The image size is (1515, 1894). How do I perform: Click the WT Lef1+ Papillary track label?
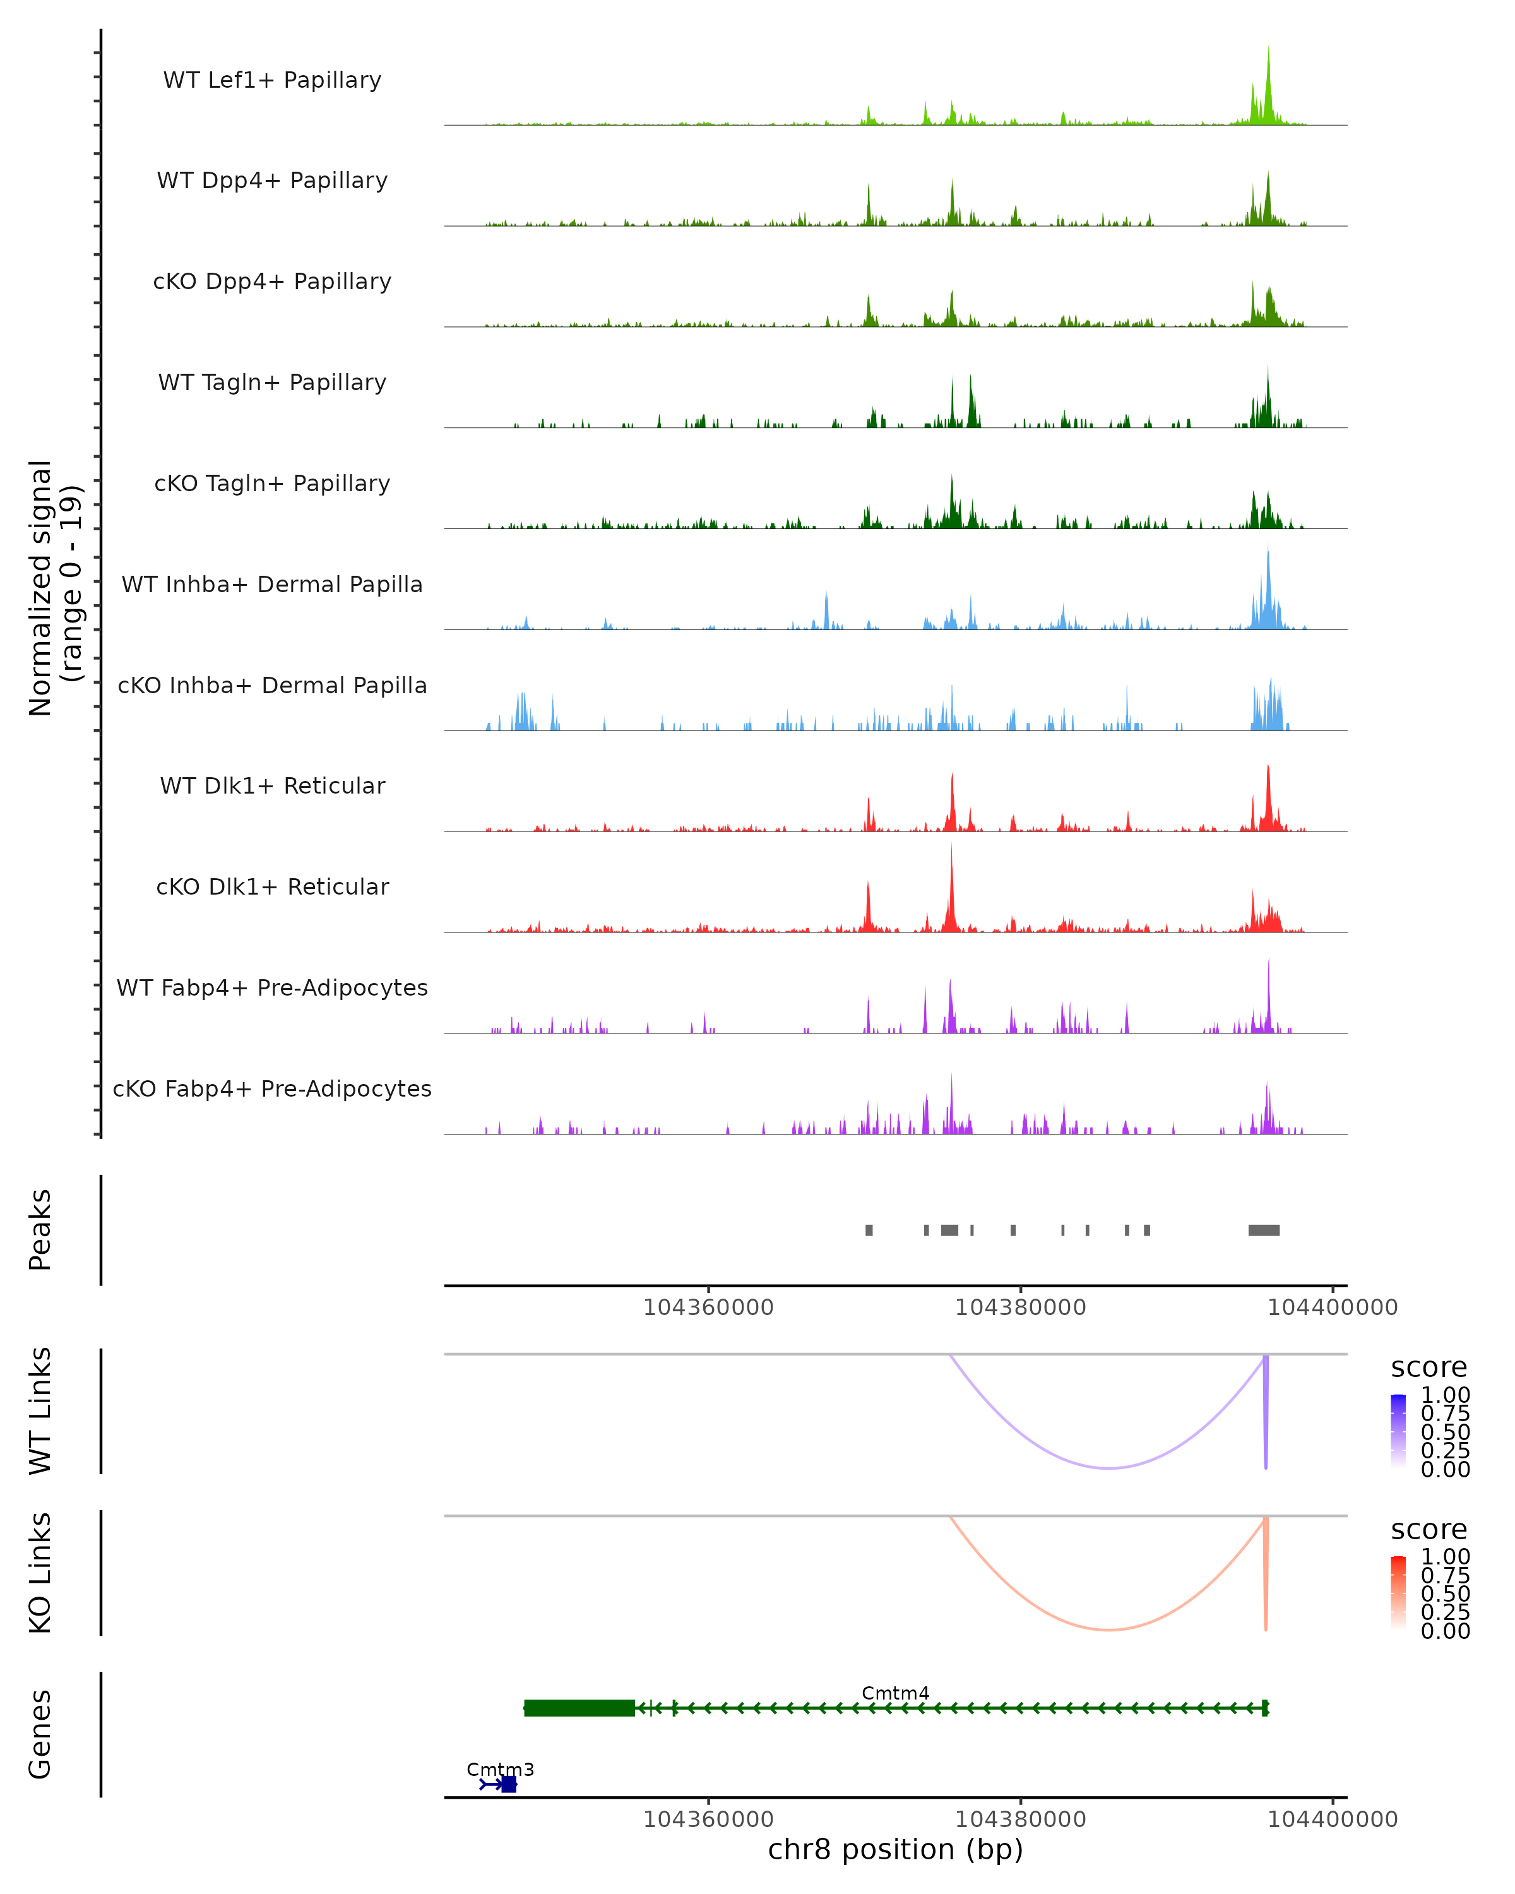pos(272,80)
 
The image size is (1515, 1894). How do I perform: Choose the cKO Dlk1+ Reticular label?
pos(272,886)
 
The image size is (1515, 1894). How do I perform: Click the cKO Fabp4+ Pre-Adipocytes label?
pos(272,1088)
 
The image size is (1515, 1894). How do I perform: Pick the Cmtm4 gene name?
pos(895,1693)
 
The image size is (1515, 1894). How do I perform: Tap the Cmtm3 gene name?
pos(500,1769)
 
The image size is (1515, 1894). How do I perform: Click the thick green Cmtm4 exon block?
pos(579,1708)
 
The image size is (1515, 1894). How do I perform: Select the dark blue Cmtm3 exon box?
pos(509,1784)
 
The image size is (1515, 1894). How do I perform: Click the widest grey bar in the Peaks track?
pos(1264,1230)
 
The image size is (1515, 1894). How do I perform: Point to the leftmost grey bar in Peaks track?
pos(869,1230)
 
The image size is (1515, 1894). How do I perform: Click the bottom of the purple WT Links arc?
pos(1110,1467)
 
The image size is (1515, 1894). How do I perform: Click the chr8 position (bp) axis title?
pos(895,1849)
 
